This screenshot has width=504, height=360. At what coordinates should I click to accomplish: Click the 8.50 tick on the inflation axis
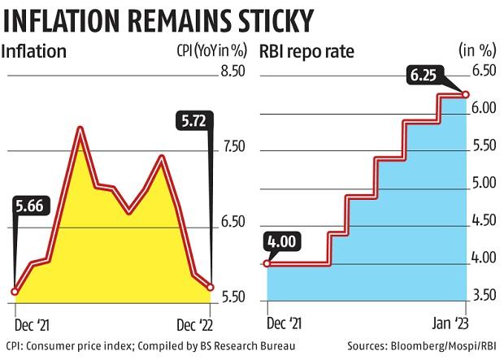coord(232,72)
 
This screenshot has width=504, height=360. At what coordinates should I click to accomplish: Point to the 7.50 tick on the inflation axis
coord(232,147)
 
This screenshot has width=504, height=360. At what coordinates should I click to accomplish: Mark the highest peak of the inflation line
coord(80,128)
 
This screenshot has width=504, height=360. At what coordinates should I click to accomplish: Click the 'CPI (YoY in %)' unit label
coord(203,53)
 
